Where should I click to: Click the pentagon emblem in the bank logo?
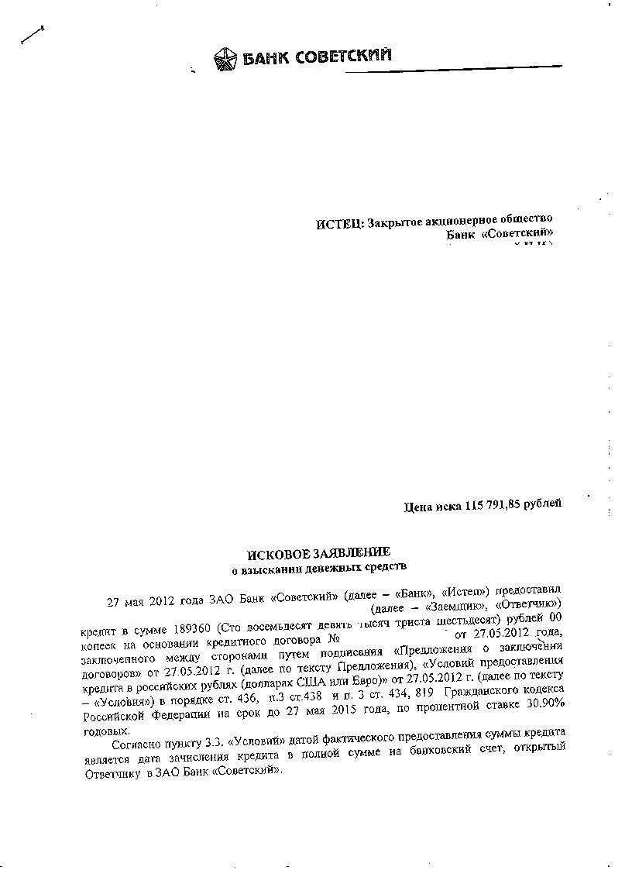tap(225, 58)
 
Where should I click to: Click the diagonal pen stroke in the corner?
tap(32, 36)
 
